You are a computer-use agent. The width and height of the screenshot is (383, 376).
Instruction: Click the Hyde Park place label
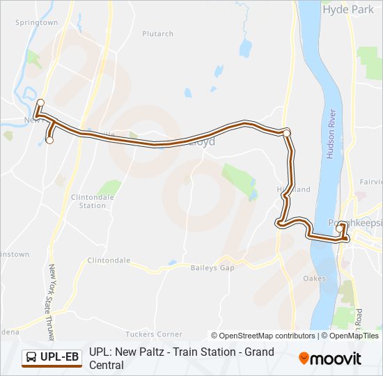click(x=348, y=10)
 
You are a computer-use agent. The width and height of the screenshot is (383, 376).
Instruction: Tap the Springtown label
click(x=36, y=22)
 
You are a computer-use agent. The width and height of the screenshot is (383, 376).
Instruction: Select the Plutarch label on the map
click(x=157, y=33)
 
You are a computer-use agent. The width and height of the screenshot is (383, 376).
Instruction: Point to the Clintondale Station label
click(x=93, y=201)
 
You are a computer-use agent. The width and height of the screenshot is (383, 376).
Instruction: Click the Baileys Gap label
click(x=212, y=267)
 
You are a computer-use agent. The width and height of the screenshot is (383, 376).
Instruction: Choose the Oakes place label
click(x=315, y=279)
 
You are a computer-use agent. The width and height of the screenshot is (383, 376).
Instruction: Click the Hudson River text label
click(x=332, y=134)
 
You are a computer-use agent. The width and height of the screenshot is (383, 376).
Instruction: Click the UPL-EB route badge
click(x=52, y=358)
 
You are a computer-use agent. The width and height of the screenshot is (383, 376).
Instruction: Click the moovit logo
click(x=330, y=359)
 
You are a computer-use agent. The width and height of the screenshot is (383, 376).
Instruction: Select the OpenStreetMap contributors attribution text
click(x=263, y=336)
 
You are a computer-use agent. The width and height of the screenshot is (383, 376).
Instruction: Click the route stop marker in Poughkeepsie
click(x=340, y=228)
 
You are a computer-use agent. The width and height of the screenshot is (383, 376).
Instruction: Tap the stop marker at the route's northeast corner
click(x=286, y=132)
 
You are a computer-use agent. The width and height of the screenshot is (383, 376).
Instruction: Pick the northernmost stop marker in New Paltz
click(x=40, y=103)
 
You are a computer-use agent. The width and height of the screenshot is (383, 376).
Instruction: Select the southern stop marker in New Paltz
click(x=49, y=140)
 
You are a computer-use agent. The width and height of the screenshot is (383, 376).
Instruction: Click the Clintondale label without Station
click(x=109, y=260)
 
